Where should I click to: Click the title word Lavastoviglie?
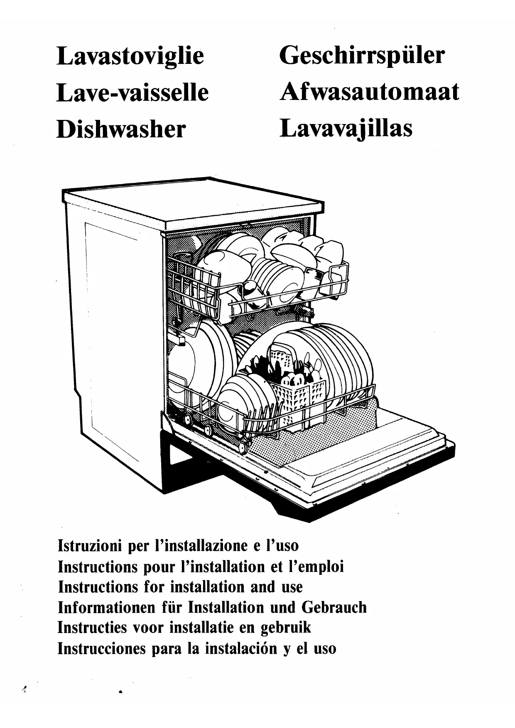pyautogui.click(x=130, y=56)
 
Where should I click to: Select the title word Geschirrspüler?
pyautogui.click(x=362, y=56)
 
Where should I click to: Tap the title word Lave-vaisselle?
pyautogui.click(x=132, y=93)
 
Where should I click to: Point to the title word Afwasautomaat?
pyautogui.click(x=370, y=92)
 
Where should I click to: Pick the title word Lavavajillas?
pyautogui.click(x=346, y=128)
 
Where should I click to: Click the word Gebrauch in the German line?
pyautogui.click(x=334, y=608)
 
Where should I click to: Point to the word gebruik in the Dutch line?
pyautogui.click(x=286, y=628)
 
